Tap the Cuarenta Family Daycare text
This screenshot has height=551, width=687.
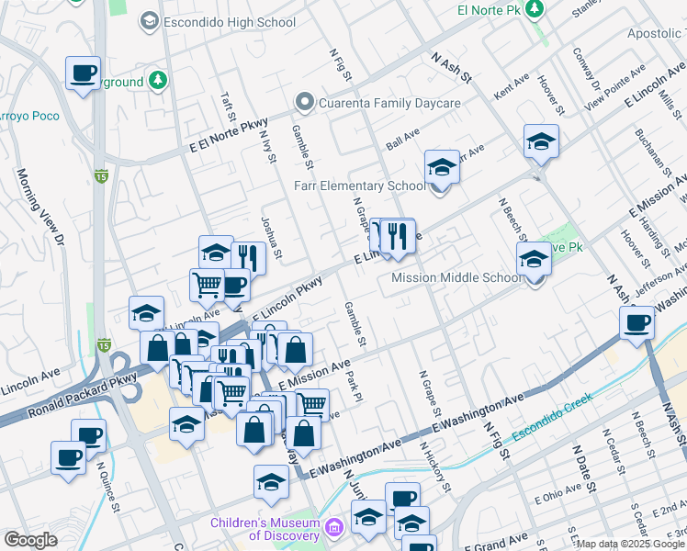[389, 103]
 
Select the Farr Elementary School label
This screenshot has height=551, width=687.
[359, 186]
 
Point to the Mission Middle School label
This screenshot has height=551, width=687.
[456, 278]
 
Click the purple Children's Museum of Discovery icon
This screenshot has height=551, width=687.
[334, 528]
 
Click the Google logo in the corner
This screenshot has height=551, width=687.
[30, 539]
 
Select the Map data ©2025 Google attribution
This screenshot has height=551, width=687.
[630, 544]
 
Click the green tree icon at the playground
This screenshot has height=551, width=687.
[158, 81]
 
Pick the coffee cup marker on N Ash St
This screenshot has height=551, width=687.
[636, 322]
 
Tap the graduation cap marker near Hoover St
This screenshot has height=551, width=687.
[541, 141]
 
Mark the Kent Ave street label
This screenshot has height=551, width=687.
[512, 88]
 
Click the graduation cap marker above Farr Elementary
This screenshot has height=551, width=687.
[442, 167]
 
